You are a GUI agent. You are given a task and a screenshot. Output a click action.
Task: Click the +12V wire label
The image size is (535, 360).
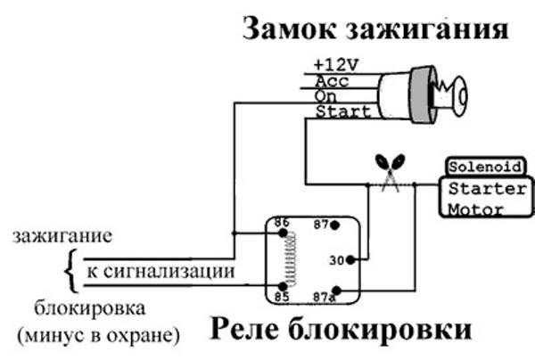333,65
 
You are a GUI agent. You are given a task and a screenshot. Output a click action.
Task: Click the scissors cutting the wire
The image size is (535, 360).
391,168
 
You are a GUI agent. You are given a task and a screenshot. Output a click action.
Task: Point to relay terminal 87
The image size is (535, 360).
324,225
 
